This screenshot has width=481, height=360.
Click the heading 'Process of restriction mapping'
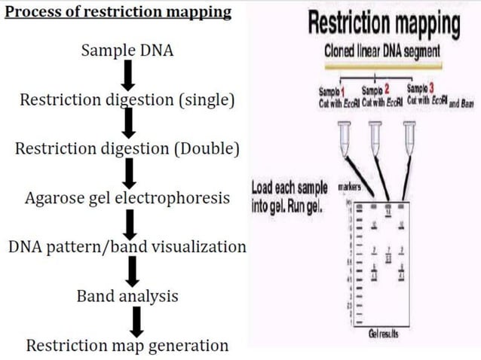pyautogui.click(x=117, y=14)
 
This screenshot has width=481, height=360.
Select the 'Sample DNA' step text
pyautogui.click(x=127, y=50)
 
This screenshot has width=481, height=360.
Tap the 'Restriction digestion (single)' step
pyautogui.click(x=127, y=99)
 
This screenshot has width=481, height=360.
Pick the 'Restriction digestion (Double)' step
pyautogui.click(x=127, y=148)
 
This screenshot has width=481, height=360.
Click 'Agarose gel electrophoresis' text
pyautogui.click(x=127, y=198)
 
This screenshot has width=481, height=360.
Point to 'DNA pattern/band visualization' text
pyautogui.click(x=127, y=246)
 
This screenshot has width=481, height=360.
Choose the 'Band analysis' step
pyautogui.click(x=127, y=296)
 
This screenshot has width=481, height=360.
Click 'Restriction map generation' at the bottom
pyautogui.click(x=127, y=346)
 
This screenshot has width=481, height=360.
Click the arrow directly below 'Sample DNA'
pyautogui.click(x=128, y=74)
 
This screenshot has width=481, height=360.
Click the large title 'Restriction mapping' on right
pyautogui.click(x=384, y=25)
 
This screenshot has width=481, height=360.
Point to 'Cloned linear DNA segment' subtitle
pyautogui.click(x=384, y=55)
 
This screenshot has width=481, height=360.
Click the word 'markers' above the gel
pyautogui.click(x=348, y=186)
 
